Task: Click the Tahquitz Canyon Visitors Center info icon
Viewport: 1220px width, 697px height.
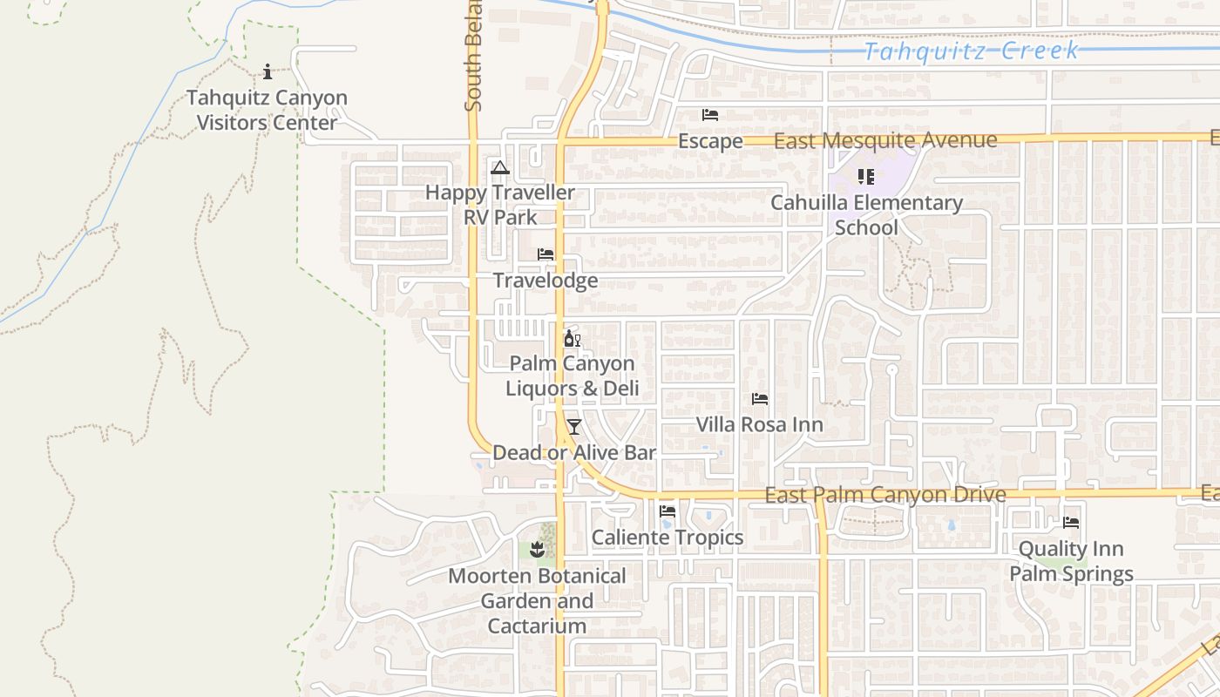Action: pos(268,71)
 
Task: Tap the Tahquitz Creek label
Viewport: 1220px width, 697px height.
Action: pos(971,51)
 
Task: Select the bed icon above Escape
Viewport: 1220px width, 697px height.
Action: pos(710,115)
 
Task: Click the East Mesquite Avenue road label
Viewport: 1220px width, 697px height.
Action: pos(884,140)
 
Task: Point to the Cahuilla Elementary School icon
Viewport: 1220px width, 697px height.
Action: pos(865,177)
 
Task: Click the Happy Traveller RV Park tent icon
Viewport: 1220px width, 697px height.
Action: pos(499,167)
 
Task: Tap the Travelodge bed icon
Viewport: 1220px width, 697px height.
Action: pos(546,254)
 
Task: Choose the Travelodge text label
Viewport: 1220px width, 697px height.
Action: pos(546,281)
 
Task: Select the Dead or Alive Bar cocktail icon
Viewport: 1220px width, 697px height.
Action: pos(573,427)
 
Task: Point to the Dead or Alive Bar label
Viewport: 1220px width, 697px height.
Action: pos(574,453)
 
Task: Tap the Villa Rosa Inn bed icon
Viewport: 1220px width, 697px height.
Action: pos(760,399)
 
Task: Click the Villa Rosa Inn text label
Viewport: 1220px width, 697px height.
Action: pos(759,425)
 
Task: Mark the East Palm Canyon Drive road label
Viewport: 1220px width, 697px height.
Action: pos(885,495)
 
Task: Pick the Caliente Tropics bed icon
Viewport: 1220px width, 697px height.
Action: pos(668,511)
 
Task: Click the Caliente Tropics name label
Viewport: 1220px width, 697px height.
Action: pos(668,538)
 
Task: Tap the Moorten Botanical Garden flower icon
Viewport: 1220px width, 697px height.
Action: pos(537,550)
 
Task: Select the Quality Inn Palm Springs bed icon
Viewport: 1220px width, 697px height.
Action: pos(1071,523)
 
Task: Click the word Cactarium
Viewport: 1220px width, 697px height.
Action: pos(537,626)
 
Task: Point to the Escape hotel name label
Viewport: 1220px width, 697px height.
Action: pos(710,141)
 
